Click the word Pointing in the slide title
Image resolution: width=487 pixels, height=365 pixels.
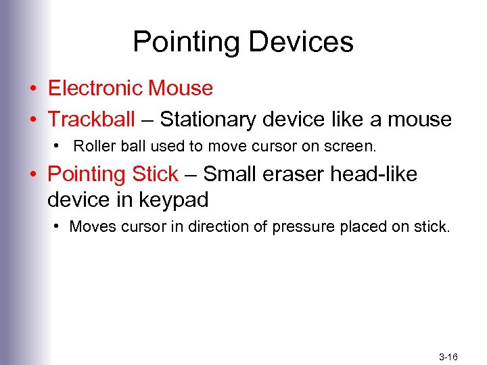[185, 42]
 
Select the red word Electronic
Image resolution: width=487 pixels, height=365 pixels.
[95, 89]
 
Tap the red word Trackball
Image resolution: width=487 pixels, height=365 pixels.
[91, 120]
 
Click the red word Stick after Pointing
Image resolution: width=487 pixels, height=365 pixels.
[155, 174]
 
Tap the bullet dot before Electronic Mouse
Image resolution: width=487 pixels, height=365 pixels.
[32, 89]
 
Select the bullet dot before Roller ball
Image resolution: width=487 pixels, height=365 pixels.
[61, 146]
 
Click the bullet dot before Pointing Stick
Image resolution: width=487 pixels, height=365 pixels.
[32, 174]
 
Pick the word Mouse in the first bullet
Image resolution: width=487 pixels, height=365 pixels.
[181, 89]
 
